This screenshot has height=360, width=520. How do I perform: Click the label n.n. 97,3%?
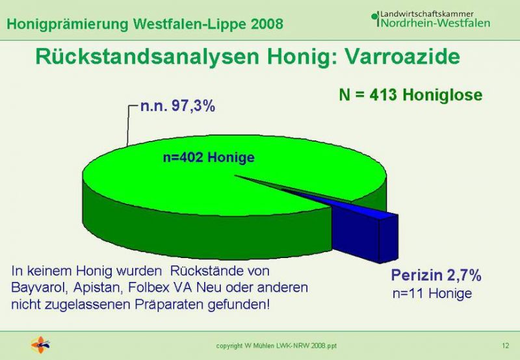[x=177, y=106]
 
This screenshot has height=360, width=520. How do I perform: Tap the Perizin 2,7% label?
[x=436, y=275]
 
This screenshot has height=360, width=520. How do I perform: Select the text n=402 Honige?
[x=209, y=157]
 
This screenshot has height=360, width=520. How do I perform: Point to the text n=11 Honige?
[x=432, y=293]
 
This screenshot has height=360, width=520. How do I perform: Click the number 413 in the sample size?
[x=383, y=95]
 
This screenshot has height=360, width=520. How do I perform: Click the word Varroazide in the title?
[x=402, y=57]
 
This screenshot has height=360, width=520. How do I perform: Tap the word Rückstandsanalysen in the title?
[x=148, y=57]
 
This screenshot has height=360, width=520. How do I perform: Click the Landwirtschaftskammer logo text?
[x=427, y=14]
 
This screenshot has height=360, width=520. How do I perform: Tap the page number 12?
[x=505, y=346]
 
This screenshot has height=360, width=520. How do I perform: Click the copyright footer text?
[x=276, y=346]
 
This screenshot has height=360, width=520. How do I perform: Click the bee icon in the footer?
[x=40, y=345]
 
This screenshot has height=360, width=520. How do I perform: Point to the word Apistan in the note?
[x=96, y=288]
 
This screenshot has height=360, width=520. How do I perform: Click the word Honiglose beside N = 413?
[x=443, y=95]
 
